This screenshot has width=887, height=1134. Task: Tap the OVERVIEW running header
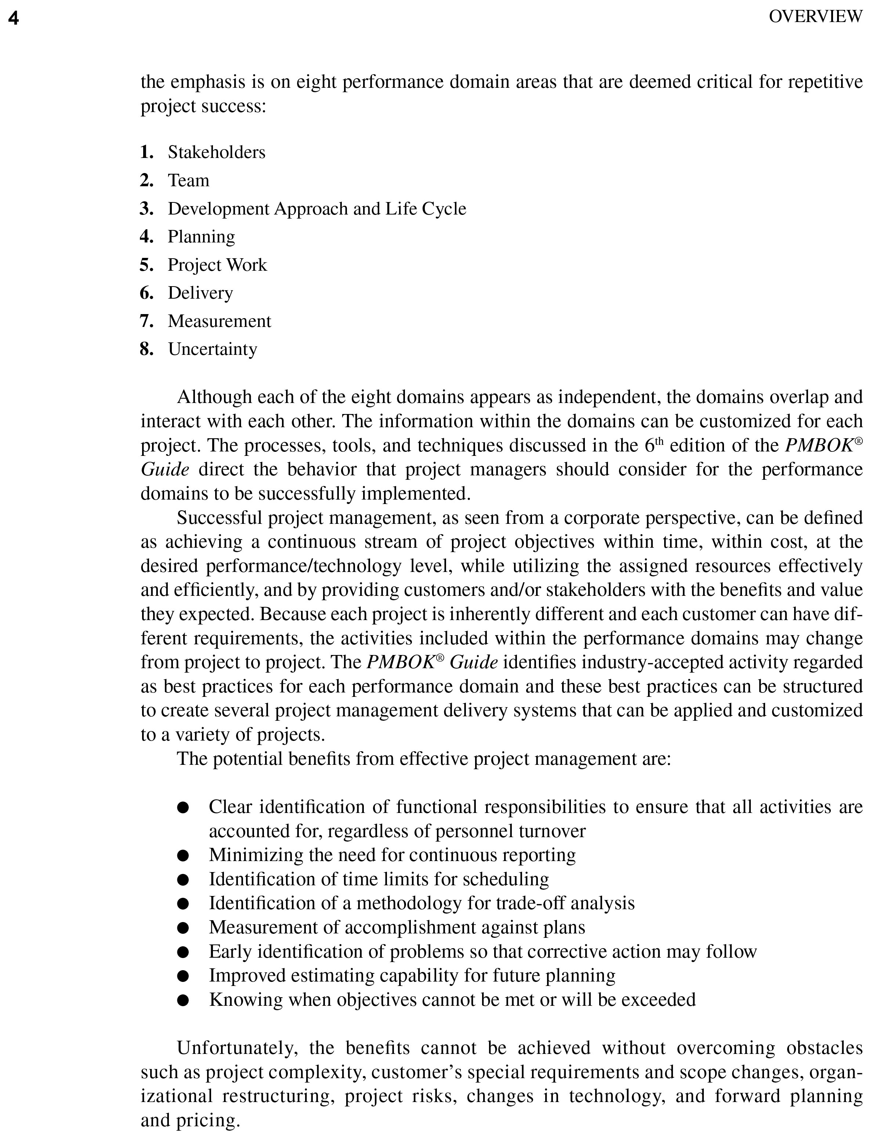[x=815, y=17]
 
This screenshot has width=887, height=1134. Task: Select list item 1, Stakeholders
[x=216, y=152]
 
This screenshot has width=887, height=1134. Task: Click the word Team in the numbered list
[x=188, y=180]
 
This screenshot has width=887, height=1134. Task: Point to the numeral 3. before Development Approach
[x=146, y=209]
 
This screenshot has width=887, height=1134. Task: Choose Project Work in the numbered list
[x=217, y=265]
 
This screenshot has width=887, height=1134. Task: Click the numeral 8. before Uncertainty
[x=146, y=349]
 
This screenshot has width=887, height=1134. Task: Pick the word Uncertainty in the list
[x=213, y=349]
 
